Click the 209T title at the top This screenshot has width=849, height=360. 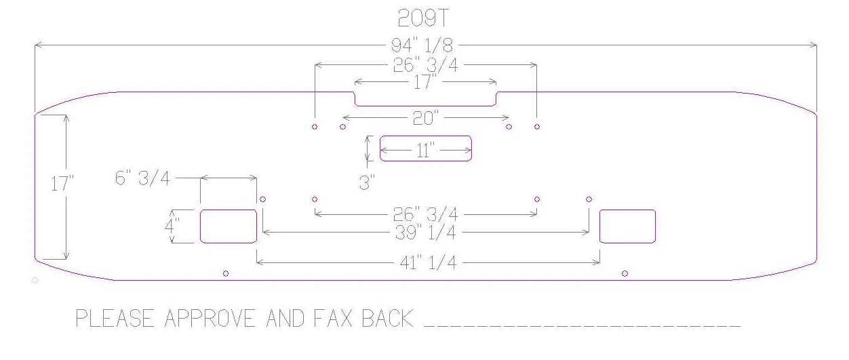click(x=423, y=18)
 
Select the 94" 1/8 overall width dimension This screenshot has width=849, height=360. click(x=422, y=45)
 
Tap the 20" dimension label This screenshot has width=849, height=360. click(x=425, y=118)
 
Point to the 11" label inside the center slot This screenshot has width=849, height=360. click(x=425, y=151)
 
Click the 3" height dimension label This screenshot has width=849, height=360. click(x=367, y=182)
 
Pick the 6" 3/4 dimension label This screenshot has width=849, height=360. click(x=142, y=178)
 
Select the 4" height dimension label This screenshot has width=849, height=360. click(x=172, y=226)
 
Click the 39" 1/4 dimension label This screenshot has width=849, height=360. click(x=425, y=233)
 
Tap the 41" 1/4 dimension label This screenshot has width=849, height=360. click(x=428, y=262)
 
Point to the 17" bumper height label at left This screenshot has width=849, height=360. click(x=62, y=184)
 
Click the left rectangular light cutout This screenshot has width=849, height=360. click(x=229, y=226)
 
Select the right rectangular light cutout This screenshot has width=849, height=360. click(x=628, y=226)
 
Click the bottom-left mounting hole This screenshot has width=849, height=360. click(x=226, y=273)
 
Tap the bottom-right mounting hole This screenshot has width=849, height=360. click(x=625, y=273)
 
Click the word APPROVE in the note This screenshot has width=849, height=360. click(x=210, y=319)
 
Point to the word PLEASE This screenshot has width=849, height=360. click(x=115, y=319)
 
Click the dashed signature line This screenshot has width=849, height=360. click(x=583, y=326)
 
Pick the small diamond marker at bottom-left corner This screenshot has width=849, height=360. click(x=35, y=281)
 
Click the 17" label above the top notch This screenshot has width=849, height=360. click(x=424, y=82)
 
